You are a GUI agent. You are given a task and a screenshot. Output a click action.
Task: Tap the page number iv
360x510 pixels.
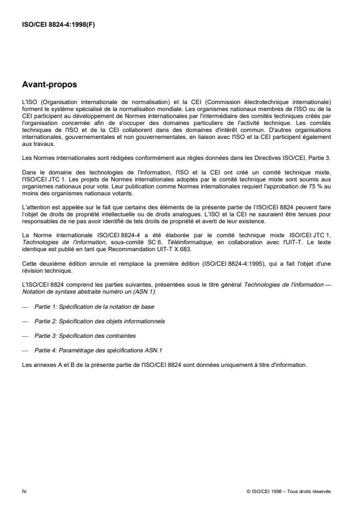[24, 491]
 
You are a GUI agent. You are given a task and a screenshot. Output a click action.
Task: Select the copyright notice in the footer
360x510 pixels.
[288, 491]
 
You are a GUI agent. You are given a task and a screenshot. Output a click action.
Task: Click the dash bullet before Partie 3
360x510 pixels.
[24, 336]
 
